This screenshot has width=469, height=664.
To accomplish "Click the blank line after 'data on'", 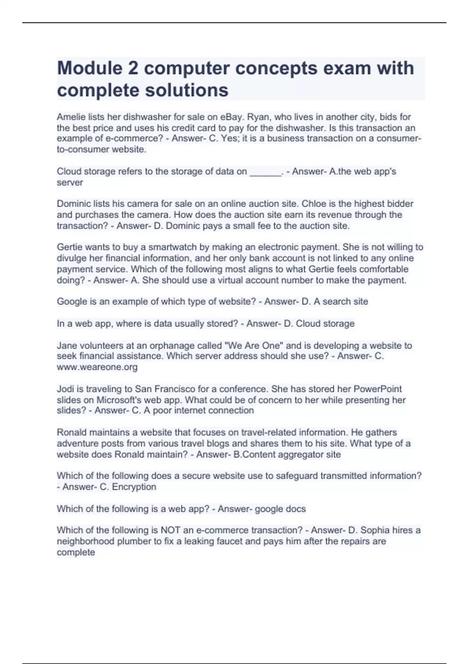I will pyautogui.click(x=265, y=172).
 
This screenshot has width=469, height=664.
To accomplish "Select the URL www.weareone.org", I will pyautogui.click(x=97, y=367).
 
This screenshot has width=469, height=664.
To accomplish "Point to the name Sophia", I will pyautogui.click(x=375, y=530).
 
